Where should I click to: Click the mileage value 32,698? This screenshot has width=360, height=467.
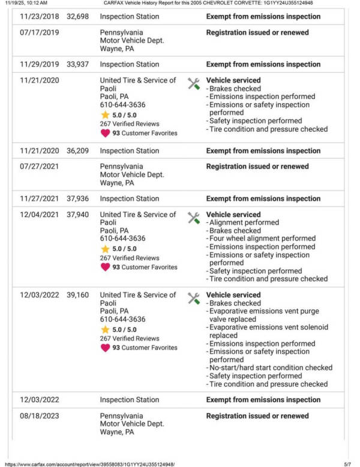click(77, 17)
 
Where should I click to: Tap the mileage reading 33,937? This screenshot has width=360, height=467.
click(77, 64)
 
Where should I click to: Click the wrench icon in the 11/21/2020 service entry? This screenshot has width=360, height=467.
click(193, 83)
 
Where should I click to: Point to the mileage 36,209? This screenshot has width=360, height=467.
click(77, 151)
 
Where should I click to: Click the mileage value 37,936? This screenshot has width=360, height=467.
click(77, 198)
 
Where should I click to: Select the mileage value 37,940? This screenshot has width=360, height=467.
click(77, 215)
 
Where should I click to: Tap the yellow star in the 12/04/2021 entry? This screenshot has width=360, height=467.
click(105, 249)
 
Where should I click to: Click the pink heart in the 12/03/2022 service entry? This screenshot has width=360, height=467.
click(105, 348)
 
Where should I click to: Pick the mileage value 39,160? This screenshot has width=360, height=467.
click(77, 295)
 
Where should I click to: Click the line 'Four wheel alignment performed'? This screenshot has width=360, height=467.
click(262, 239)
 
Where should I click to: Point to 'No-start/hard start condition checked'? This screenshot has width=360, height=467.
click(270, 367)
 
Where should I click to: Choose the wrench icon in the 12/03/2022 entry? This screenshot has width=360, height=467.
click(193, 298)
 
